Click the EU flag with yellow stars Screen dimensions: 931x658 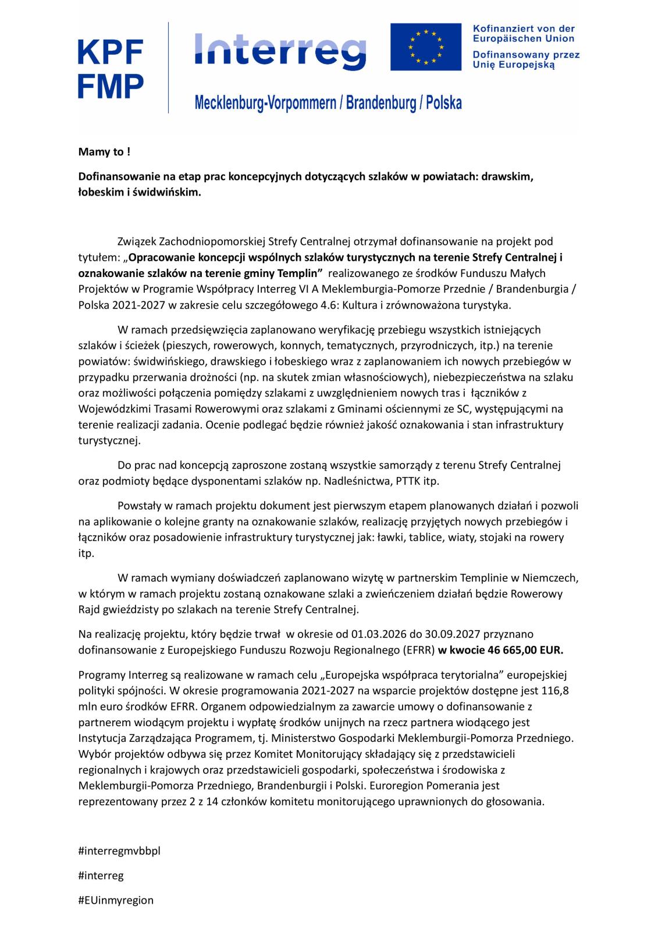(424, 47)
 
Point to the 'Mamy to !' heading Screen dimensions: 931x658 (101, 152)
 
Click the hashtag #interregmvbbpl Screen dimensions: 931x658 (119, 851)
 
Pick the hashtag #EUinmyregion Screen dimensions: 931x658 (116, 900)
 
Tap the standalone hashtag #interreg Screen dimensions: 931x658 (101, 875)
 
